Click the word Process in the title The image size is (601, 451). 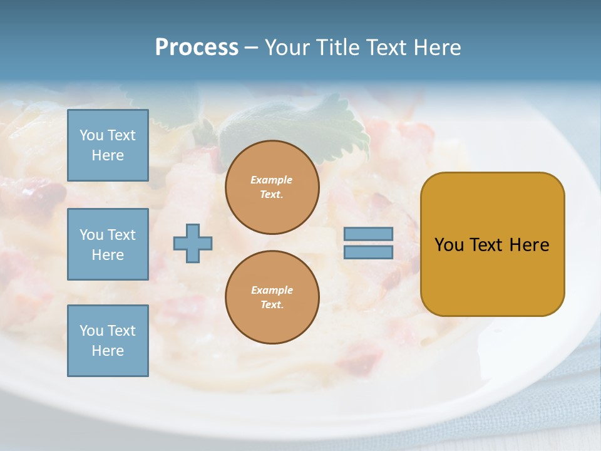pos(197,48)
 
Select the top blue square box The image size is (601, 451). pos(108,145)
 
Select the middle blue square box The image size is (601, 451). pos(108,244)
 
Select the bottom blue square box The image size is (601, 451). pos(108,341)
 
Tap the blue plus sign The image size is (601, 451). pos(193,243)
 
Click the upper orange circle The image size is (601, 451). pos(272,187)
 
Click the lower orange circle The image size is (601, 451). pos(272,297)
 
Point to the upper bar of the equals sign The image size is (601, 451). pos(369,234)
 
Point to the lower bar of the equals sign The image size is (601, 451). pos(369,252)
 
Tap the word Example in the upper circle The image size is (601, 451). pos(272,180)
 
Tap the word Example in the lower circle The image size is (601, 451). pos(272,290)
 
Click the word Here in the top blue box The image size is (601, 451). pos(108,155)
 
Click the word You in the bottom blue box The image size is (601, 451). pos(91,331)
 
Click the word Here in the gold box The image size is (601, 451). pos(530,245)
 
